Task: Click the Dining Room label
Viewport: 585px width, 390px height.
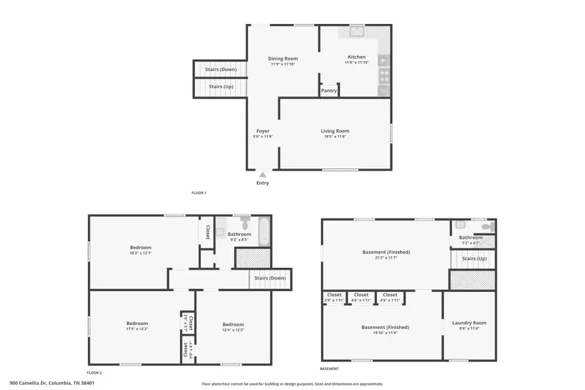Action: pos(283,58)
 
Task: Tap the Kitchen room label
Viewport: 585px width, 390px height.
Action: pos(356,57)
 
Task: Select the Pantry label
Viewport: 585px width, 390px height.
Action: pos(329,90)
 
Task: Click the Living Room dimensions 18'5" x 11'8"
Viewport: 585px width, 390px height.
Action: pos(335,136)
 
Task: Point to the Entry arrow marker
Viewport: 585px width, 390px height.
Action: pos(263,174)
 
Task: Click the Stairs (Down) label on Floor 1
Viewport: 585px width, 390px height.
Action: pos(220,69)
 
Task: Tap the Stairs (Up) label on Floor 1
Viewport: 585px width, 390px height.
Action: pos(220,86)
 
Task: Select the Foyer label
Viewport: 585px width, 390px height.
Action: pos(263,131)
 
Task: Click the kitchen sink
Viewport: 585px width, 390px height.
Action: pos(357,30)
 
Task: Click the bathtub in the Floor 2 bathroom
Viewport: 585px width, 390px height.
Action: pos(263,232)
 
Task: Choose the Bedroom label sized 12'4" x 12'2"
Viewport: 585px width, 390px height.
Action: pos(233,324)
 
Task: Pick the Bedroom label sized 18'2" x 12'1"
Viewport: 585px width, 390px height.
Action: pos(140,247)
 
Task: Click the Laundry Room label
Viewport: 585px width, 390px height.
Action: pos(469,323)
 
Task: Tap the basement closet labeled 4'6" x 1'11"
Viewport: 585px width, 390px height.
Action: pos(361,295)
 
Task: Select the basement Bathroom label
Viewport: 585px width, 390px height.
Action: pos(471,237)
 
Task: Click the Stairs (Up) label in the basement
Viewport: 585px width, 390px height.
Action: pos(473,258)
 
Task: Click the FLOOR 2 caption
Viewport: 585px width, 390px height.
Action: pos(95,372)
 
